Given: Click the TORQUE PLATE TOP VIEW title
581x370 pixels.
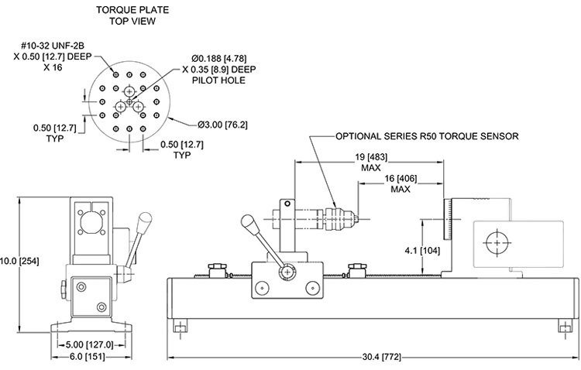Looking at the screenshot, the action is (132, 15).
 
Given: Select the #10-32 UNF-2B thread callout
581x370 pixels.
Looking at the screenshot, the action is (53, 46).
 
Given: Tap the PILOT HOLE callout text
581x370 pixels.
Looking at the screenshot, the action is (218, 81).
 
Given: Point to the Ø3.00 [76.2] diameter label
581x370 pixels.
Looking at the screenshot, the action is (222, 125).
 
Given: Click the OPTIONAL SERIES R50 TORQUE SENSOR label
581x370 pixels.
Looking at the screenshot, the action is (427, 136).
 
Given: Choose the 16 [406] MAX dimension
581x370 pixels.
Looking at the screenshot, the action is (401, 183).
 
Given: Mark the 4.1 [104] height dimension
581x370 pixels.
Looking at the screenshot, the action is (422, 251).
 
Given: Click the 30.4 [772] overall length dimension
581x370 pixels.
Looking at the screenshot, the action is (381, 358).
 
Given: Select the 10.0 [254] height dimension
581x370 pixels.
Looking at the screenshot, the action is (19, 261).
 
